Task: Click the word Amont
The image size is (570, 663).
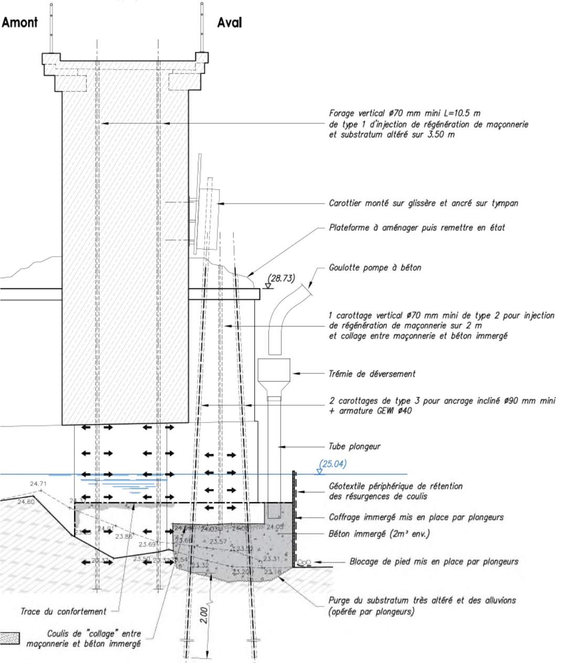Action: coord(20,23)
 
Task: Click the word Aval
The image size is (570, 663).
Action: coord(229,23)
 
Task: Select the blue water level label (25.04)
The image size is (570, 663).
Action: coord(333,464)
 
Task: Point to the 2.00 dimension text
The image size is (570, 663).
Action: coord(204,615)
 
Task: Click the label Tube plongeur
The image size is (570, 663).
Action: coord(354,447)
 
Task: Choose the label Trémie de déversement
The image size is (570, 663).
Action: coord(372,374)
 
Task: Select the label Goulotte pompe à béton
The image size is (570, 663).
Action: coord(375,268)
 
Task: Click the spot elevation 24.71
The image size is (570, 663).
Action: coord(38,483)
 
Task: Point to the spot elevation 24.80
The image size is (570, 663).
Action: coord(26,502)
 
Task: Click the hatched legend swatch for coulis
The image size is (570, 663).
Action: coord(9,638)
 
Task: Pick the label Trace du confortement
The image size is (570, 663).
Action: coord(64,611)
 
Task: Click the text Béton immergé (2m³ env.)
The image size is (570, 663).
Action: coord(379,534)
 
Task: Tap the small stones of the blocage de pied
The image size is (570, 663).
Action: coord(304,562)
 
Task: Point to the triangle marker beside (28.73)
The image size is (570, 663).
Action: coord(267,286)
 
